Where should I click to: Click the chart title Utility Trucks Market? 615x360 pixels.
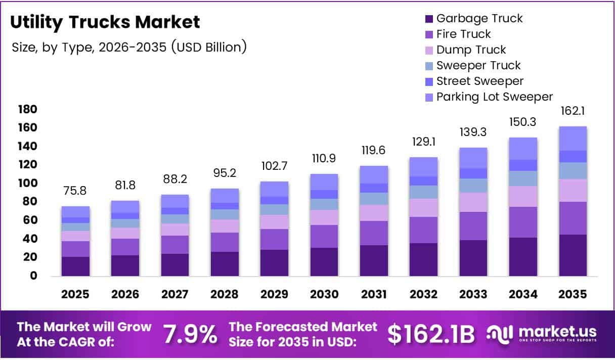click(x=105, y=22)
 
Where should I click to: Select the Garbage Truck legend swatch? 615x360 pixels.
click(x=429, y=19)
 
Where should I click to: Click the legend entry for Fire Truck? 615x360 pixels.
click(x=463, y=34)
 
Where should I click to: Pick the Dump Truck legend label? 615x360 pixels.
click(x=471, y=50)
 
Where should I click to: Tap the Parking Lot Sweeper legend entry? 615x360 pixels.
click(x=494, y=97)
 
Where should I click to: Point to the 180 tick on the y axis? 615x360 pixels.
click(x=27, y=110)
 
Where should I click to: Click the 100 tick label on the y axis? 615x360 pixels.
click(x=27, y=184)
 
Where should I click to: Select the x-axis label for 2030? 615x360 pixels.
click(x=324, y=294)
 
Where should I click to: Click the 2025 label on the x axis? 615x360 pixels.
click(x=75, y=294)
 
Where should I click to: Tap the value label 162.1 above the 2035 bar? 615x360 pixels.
click(x=573, y=111)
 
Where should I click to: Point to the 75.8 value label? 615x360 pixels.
click(x=75, y=191)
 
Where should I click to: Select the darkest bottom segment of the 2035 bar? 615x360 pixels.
click(x=573, y=255)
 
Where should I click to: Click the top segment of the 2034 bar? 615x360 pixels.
click(x=523, y=149)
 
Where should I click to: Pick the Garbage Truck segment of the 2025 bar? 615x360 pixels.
click(x=75, y=266)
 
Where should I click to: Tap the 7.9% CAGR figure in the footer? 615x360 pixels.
click(x=190, y=334)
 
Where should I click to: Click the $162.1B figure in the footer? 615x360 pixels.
click(x=431, y=334)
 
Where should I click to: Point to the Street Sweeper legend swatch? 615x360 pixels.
click(x=429, y=81)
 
